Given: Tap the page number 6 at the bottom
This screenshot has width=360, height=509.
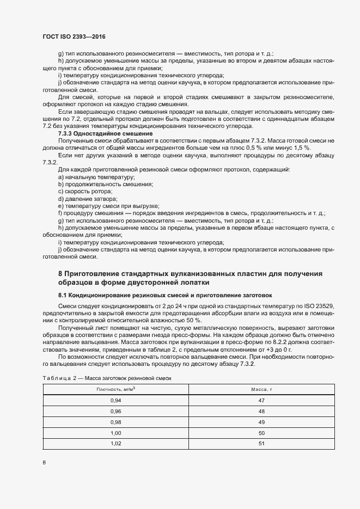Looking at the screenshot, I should [x=44, y=463].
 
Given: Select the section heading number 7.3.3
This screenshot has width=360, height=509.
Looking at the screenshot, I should [x=68, y=133].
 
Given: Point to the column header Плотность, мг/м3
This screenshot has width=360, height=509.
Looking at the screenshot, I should [x=115, y=389].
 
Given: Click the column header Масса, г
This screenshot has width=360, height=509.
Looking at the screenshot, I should [x=261, y=389].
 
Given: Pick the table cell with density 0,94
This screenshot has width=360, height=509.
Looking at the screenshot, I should [x=115, y=400].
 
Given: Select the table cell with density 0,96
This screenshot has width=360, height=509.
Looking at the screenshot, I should [x=115, y=411].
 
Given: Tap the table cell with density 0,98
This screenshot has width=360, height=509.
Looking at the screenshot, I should [x=115, y=422].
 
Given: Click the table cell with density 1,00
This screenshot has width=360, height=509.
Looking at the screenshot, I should [x=115, y=433].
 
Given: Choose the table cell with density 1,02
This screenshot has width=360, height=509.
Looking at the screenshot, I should [x=115, y=444].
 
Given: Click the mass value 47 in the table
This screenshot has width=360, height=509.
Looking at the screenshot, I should [x=261, y=400].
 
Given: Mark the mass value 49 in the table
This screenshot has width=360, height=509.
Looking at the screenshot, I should [x=261, y=422].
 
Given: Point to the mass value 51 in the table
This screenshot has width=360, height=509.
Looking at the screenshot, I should [x=261, y=444].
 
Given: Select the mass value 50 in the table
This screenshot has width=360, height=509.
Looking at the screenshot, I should [x=261, y=433].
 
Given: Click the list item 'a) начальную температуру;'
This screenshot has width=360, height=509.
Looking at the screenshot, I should [x=96, y=177].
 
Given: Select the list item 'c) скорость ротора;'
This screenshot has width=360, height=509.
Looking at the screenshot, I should [x=85, y=192].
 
